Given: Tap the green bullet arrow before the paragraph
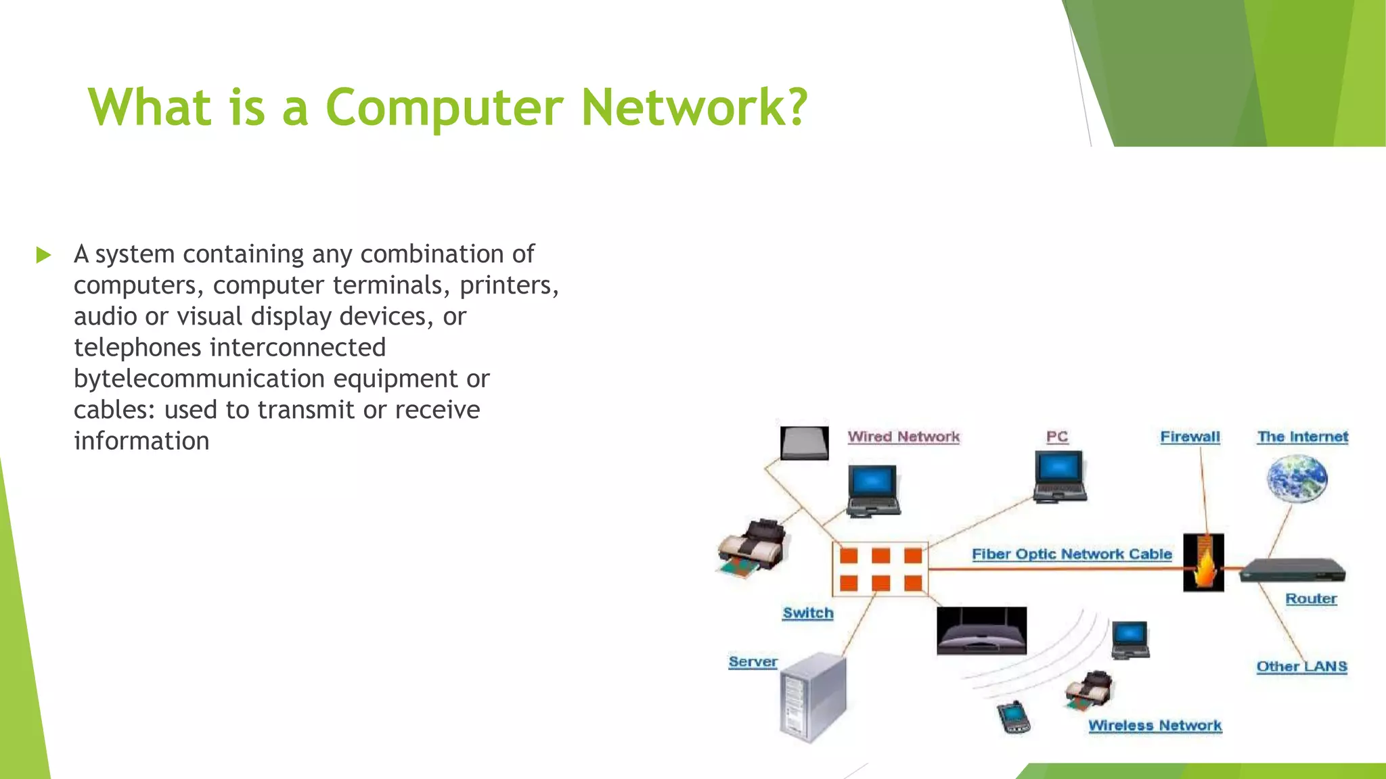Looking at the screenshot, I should (43, 255).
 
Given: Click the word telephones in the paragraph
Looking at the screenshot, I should (137, 348).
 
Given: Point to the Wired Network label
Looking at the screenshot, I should (903, 437).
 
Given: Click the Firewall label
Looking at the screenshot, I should (1190, 437).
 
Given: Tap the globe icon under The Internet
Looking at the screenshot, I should (1296, 478).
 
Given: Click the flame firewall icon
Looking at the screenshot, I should (1203, 563).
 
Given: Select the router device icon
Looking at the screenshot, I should (1293, 570).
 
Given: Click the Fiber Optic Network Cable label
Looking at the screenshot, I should (1071, 554).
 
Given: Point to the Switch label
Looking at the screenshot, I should (808, 613).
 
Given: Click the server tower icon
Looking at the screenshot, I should (813, 697).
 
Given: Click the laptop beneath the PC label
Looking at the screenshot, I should (1059, 476).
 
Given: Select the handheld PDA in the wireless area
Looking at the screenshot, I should (1013, 717).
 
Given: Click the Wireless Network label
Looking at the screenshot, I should (1155, 726).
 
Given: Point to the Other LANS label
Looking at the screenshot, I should (1301, 667).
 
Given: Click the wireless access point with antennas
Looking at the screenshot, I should (981, 631).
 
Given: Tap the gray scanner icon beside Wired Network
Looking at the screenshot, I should (804, 444).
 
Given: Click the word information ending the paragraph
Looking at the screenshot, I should (141, 441).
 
